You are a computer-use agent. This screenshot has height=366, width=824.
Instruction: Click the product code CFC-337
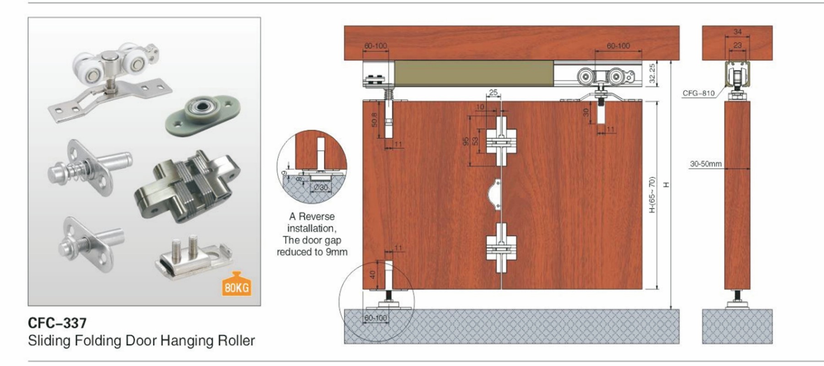click(x=57, y=323)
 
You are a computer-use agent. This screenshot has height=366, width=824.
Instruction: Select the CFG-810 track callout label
click(x=698, y=93)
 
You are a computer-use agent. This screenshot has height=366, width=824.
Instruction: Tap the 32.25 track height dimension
click(x=652, y=73)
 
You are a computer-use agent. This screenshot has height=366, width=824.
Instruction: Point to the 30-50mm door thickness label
click(x=705, y=164)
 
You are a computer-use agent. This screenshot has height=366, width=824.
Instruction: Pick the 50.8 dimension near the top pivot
click(x=374, y=120)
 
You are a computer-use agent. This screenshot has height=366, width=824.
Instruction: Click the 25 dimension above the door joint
click(x=493, y=92)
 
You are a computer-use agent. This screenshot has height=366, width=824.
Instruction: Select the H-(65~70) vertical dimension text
click(x=652, y=194)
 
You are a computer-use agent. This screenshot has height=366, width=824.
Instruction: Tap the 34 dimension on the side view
click(x=737, y=32)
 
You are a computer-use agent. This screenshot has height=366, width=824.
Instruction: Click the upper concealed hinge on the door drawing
click(x=501, y=141)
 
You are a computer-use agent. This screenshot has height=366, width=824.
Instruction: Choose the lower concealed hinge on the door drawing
click(x=501, y=248)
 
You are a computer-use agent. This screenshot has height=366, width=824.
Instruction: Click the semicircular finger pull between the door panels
click(x=496, y=195)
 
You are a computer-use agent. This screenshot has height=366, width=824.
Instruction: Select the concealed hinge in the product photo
click(x=188, y=185)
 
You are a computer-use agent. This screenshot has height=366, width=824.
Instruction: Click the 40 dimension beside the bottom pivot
click(x=372, y=274)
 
